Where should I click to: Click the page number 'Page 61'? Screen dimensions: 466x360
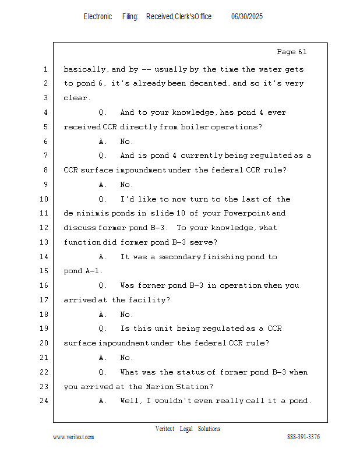pos(291,52)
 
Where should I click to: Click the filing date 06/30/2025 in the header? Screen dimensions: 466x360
pos(246,17)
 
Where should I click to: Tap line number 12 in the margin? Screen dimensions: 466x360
pos(45,228)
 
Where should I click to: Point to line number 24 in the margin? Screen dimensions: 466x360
pos(45,401)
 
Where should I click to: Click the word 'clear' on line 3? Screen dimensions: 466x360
pos(75,98)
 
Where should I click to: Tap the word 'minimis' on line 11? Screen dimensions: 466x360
pos(94,213)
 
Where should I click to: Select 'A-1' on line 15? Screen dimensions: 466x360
pos(94,271)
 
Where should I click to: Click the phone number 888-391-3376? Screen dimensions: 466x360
pos(303,437)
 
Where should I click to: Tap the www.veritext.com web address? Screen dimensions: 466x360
pos(73,437)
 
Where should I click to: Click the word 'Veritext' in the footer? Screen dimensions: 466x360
pos(165,429)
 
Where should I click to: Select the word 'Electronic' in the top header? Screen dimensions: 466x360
pos(97,17)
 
